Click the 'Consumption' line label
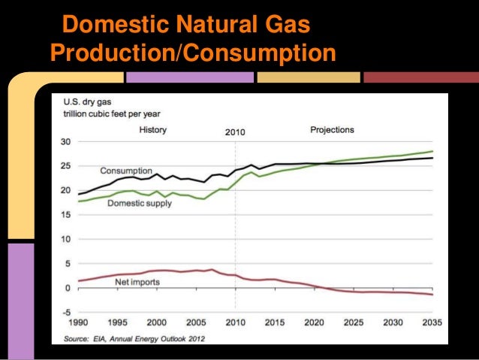click(125, 171)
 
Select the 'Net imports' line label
click(136, 283)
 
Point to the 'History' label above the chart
click(153, 130)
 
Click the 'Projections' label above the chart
click(332, 130)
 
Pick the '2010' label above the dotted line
click(235, 132)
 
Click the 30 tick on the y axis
click(66, 142)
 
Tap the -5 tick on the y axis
click(66, 312)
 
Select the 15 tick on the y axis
click(66, 215)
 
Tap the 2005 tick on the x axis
click(197, 323)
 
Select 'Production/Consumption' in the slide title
click(191, 54)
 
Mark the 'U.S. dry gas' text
click(83, 103)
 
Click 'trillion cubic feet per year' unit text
click(110, 114)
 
